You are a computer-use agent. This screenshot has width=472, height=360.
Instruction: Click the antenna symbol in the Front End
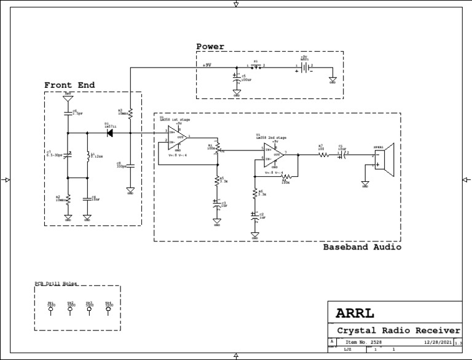point(68,98)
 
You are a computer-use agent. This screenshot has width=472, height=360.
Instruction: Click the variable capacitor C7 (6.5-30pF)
point(68,154)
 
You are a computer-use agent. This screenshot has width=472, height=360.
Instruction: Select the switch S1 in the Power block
point(256,68)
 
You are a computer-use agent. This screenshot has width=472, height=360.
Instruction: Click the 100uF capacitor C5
point(237,77)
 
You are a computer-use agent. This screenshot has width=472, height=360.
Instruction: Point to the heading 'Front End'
point(69,85)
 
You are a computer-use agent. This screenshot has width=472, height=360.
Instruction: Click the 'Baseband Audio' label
point(362,247)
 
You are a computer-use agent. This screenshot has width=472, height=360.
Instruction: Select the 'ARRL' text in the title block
point(355,313)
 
